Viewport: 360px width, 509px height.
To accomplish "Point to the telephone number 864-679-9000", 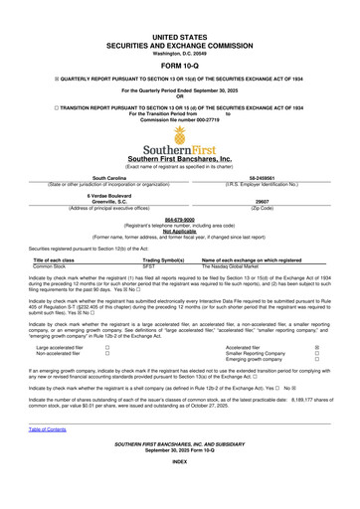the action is point(179,222).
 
